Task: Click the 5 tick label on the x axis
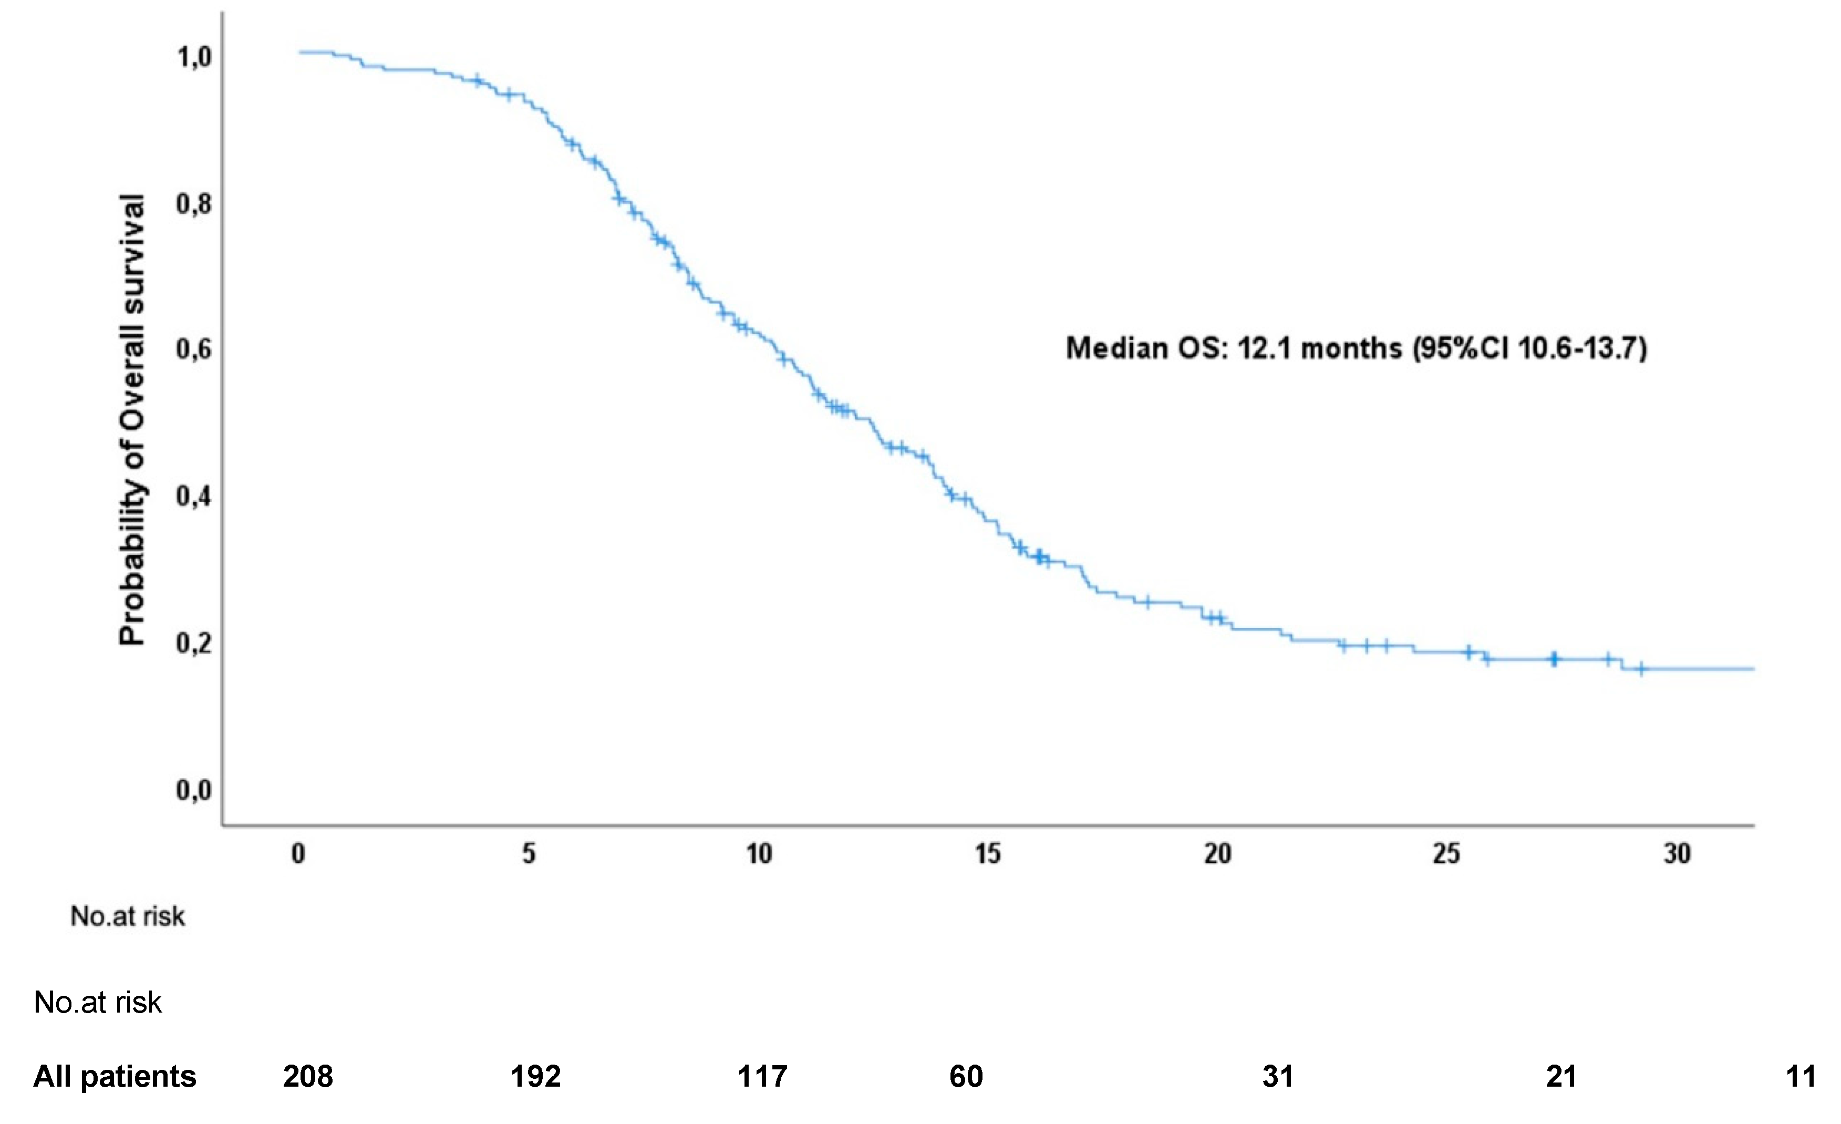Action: pos(529,853)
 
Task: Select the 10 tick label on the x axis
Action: pos(759,853)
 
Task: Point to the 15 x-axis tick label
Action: pos(988,853)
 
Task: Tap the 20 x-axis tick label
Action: pos(1218,853)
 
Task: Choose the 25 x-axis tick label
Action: pos(1446,853)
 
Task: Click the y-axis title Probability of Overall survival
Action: pos(132,420)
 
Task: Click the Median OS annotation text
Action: pos(1356,349)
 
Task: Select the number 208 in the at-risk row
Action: pos(308,1077)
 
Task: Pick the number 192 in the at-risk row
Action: pos(536,1077)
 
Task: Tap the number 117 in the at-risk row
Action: pos(762,1077)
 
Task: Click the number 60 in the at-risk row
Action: pos(966,1077)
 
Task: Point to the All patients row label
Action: pos(115,1077)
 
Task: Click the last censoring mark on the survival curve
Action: pos(1641,668)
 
